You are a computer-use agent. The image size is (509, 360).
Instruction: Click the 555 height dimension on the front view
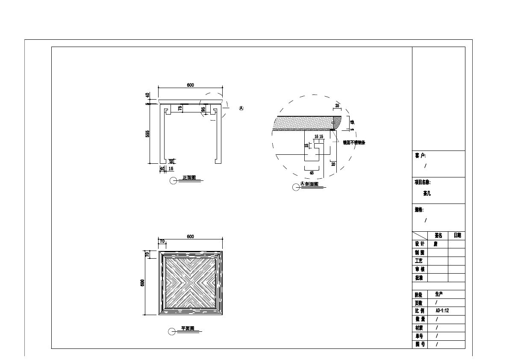point(147,134)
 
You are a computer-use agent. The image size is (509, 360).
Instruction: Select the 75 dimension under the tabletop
point(180,109)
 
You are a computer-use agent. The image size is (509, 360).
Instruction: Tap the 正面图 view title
point(189,178)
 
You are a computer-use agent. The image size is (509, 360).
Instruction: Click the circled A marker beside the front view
point(241,109)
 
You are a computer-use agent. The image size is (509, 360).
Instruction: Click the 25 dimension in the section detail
point(337,106)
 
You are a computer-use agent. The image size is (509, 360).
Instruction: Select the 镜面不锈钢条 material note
point(354,142)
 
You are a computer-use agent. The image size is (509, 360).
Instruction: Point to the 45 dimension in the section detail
point(312,173)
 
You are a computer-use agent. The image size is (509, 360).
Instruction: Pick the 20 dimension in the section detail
point(333,164)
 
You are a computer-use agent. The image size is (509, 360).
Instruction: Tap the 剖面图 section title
point(312,184)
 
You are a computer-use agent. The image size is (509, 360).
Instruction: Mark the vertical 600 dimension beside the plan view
point(143,283)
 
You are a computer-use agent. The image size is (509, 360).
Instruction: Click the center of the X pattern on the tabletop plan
point(190,283)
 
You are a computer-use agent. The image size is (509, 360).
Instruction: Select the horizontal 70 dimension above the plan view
point(162,241)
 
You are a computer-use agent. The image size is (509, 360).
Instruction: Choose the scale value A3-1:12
point(442,311)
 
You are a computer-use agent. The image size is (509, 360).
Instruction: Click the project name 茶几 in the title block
point(427,193)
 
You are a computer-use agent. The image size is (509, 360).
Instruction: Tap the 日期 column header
point(457,235)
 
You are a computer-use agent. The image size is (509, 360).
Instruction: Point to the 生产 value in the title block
point(439,294)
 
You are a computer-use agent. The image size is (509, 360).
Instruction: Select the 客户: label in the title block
point(420,156)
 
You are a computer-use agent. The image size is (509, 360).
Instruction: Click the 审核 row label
point(420,269)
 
